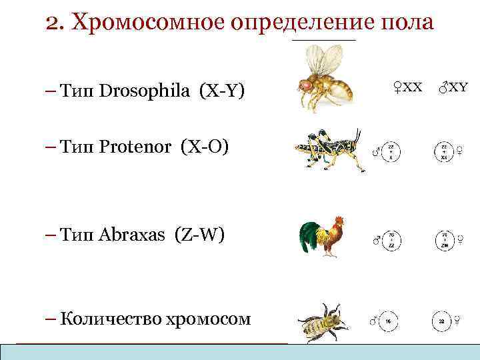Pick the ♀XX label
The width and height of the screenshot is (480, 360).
(406, 87)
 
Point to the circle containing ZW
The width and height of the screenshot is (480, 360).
(443, 239)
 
